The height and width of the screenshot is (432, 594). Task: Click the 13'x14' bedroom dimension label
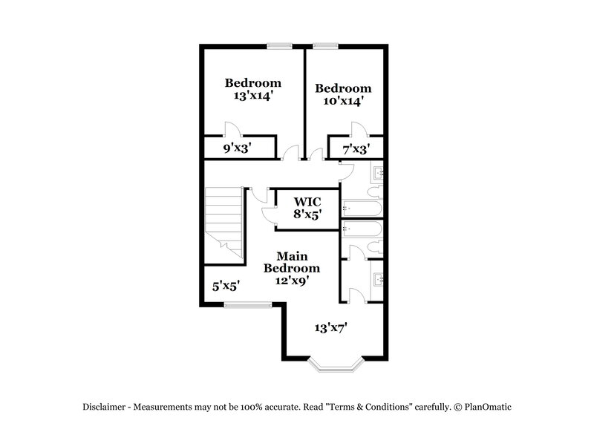pos(253,96)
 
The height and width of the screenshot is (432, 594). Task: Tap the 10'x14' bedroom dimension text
pos(342,102)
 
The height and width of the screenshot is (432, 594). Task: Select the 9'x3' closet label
pos(238,148)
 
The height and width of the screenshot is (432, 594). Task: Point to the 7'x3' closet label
pos(355,149)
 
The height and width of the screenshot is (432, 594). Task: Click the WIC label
pos(306,202)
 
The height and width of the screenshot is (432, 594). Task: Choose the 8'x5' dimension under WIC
pos(306,215)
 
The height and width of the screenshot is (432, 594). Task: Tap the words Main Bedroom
pos(294,262)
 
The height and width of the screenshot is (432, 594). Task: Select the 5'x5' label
pos(225,284)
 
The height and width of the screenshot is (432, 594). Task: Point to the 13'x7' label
pos(331,327)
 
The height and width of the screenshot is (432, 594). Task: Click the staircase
pos(225,219)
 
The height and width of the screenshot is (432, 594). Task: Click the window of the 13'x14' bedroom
pos(279,46)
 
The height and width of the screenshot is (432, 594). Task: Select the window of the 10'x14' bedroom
pos(324,46)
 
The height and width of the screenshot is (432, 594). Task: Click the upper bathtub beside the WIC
pos(362,208)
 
